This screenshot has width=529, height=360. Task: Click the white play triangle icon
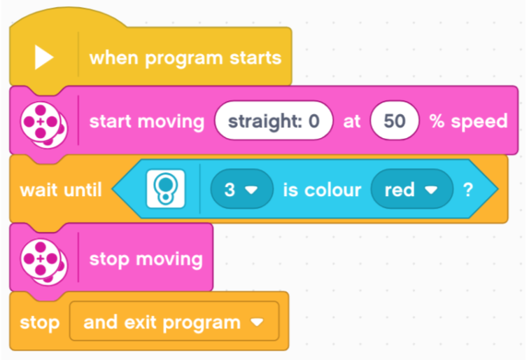(x=44, y=57)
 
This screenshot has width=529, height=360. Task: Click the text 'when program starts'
(x=185, y=58)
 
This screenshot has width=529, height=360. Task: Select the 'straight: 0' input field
(x=274, y=120)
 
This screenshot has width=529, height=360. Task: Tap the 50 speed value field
(x=395, y=120)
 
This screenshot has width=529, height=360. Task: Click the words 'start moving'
(x=147, y=121)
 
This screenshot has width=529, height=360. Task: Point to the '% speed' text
(x=468, y=121)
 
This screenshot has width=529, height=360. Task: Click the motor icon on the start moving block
(x=43, y=125)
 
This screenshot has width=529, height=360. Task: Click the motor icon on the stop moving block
(x=43, y=261)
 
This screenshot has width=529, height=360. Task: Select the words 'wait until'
(x=61, y=190)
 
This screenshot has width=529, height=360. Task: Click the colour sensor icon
(x=165, y=188)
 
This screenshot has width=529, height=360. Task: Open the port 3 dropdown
(x=241, y=189)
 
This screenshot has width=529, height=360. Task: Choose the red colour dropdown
(x=411, y=189)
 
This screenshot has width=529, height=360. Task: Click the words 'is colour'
(x=322, y=190)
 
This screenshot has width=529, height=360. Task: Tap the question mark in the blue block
(x=468, y=190)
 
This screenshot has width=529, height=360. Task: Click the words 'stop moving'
(x=146, y=259)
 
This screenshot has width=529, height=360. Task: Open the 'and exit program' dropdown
(x=174, y=321)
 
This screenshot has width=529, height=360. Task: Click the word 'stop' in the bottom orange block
(x=40, y=322)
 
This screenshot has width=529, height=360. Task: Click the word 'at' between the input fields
(x=351, y=121)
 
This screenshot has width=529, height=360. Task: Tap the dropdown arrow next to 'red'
(x=431, y=191)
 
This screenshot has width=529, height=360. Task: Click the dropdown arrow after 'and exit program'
(x=257, y=322)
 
